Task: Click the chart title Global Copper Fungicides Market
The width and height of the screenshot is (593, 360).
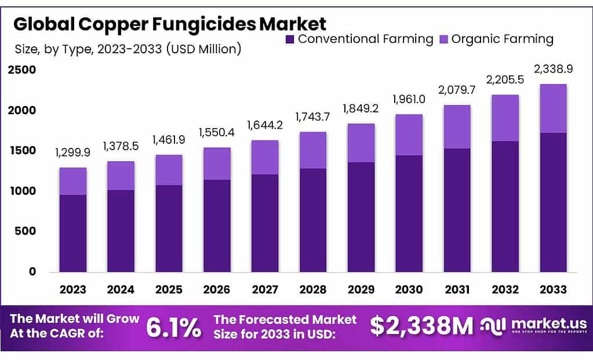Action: tap(169, 24)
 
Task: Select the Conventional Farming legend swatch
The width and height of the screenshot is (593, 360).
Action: tap(290, 39)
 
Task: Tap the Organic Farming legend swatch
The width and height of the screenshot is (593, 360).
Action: tap(443, 39)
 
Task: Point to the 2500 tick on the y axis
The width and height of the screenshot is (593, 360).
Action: tap(22, 70)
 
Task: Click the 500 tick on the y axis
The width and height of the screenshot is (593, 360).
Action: tap(25, 231)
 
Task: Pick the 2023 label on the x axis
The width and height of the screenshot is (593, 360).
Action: tap(72, 289)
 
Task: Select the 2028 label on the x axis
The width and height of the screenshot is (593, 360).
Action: tap(313, 289)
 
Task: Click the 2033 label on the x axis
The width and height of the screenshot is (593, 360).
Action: tap(553, 289)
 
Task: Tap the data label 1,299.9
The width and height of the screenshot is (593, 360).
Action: tap(72, 153)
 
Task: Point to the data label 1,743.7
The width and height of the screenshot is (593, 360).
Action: tap(313, 117)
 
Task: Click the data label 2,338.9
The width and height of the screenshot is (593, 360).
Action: tap(553, 69)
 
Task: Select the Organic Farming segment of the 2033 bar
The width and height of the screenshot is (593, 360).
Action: tap(553, 108)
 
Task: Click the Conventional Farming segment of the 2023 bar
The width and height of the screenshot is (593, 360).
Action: tap(72, 233)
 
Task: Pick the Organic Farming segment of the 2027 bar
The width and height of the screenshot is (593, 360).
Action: tap(265, 157)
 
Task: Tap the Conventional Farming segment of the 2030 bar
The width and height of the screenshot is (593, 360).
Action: tap(409, 213)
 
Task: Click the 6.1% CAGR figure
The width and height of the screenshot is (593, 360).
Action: tap(174, 328)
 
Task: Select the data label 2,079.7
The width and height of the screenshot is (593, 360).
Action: tap(457, 90)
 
